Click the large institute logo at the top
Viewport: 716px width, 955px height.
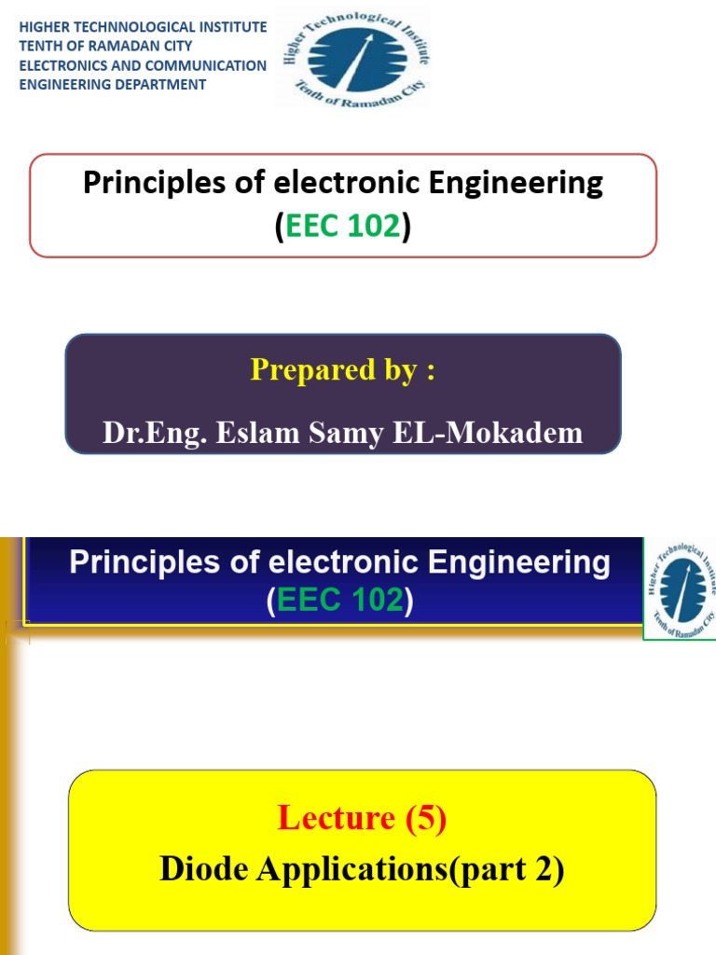pos(351,56)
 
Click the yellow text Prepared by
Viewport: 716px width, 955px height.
pos(342,370)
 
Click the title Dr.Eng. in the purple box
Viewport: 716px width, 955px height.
pos(155,433)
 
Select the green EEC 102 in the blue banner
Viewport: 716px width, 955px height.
pos(340,602)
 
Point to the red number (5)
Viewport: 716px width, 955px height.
pos(425,818)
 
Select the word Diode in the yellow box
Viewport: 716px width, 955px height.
pos(205,868)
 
